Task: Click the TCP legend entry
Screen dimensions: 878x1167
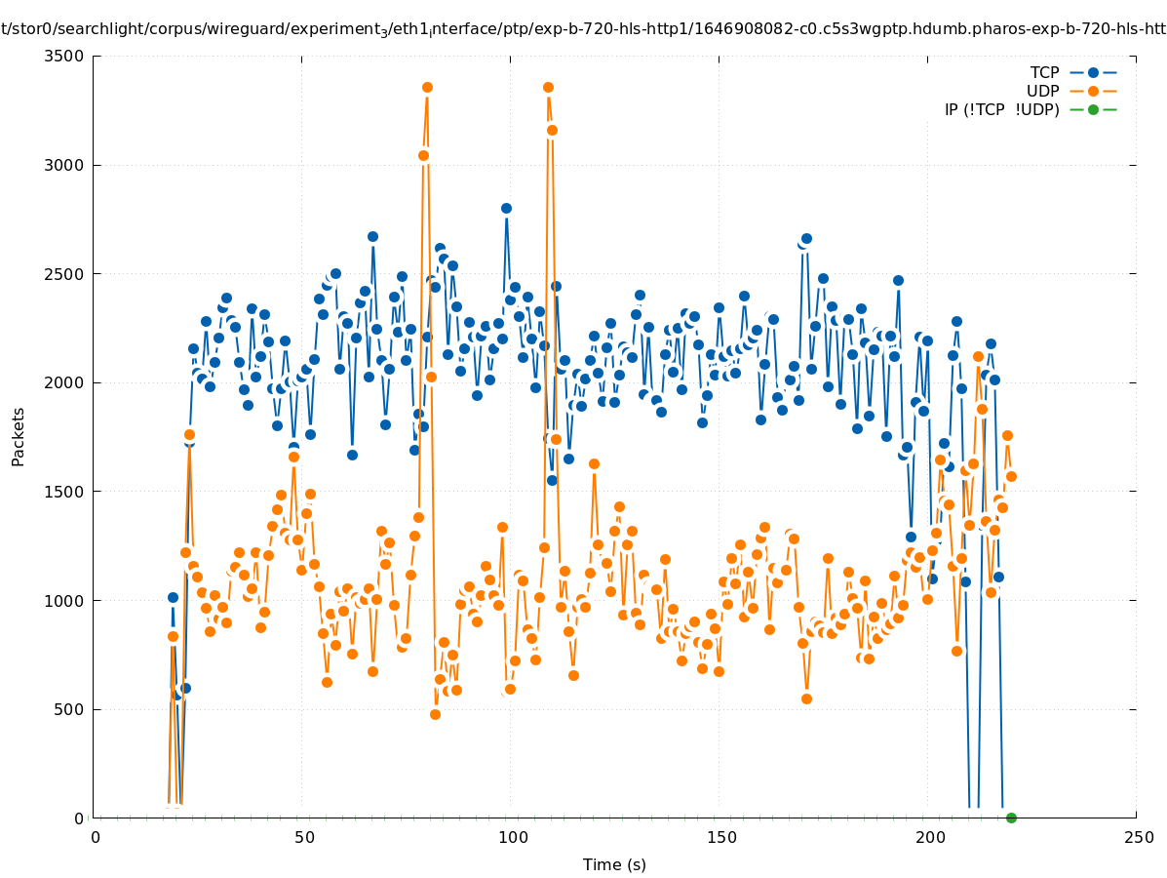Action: (x=1044, y=72)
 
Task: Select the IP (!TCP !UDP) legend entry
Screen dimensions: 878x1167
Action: (x=1001, y=109)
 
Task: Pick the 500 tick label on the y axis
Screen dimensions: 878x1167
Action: (x=69, y=709)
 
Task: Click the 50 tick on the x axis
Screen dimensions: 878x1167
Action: (x=304, y=837)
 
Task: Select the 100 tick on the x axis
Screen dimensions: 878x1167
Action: (x=513, y=837)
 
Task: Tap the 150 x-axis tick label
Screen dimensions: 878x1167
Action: (x=721, y=837)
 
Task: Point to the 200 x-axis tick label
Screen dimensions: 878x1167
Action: (x=930, y=837)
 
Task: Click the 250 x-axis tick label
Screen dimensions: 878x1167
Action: (x=1138, y=837)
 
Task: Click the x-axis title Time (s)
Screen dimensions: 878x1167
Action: (x=614, y=864)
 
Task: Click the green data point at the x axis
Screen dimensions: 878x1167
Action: (x=1011, y=818)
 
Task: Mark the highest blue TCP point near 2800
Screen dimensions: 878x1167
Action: (x=506, y=208)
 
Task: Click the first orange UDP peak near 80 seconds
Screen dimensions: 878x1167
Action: (x=427, y=87)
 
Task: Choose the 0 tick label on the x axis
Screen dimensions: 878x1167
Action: (x=96, y=837)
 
